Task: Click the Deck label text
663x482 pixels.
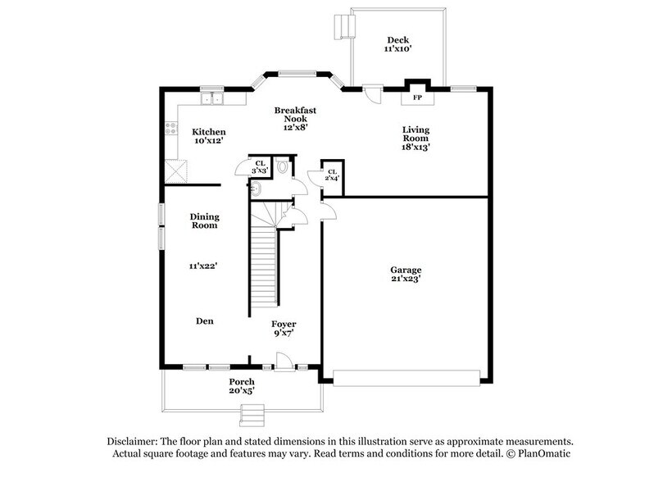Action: (x=397, y=40)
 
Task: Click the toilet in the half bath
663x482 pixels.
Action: (x=283, y=166)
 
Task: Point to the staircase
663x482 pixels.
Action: (x=262, y=262)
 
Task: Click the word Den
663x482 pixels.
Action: (x=204, y=321)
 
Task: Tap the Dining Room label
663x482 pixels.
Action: (x=204, y=221)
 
